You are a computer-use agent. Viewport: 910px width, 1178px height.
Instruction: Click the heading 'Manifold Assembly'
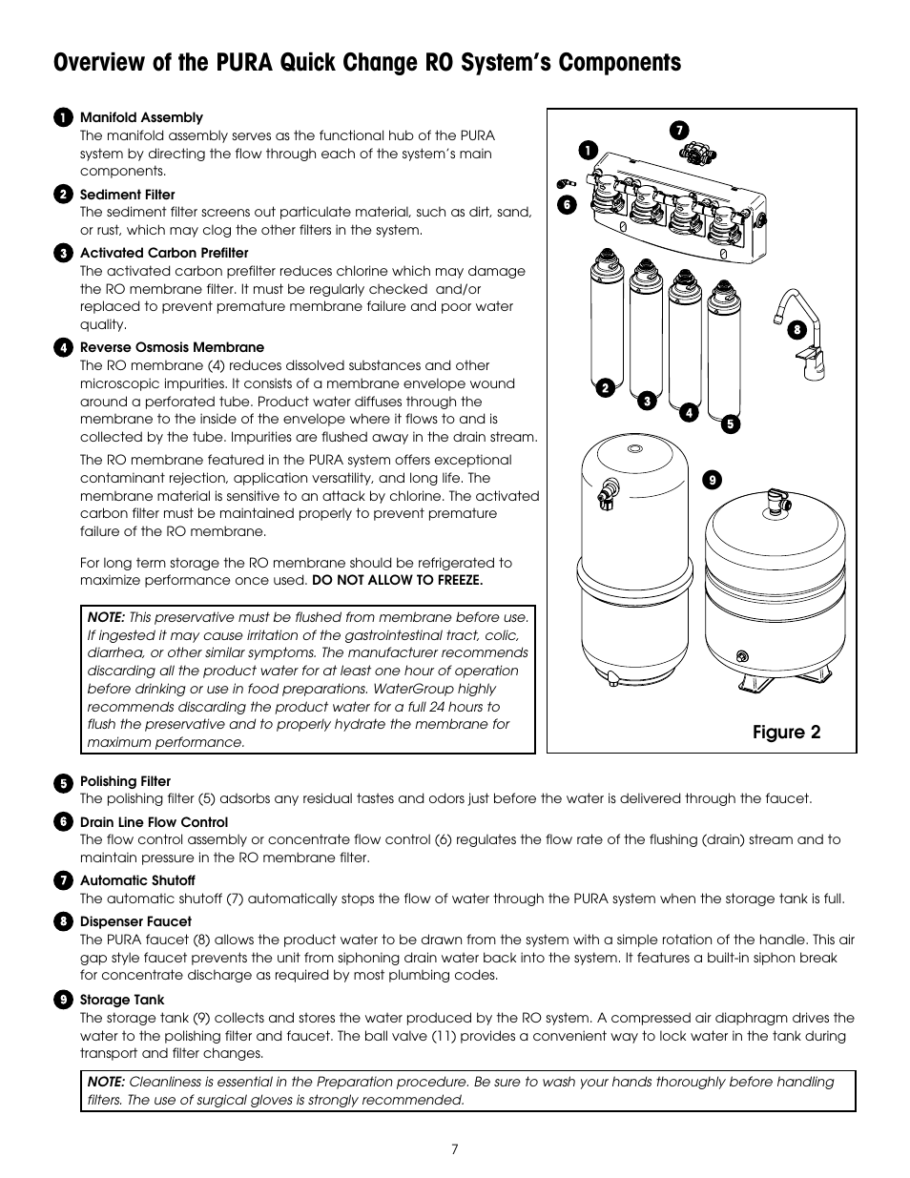coord(141,117)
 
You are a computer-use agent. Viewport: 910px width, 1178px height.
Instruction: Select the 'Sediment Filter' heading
coord(127,195)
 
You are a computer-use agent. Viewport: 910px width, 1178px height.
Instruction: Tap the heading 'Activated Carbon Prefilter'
coord(164,253)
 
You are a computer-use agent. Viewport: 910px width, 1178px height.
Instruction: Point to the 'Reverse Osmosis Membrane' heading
coord(172,347)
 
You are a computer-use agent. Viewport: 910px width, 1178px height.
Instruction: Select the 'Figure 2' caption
coord(786,733)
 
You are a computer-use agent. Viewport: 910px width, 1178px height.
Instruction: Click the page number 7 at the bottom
coord(455,1149)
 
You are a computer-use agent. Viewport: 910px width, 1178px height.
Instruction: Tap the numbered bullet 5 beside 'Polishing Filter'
coord(64,782)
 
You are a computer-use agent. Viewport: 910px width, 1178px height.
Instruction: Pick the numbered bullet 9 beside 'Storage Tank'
coord(64,1001)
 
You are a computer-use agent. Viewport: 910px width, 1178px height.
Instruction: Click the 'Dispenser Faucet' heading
coord(135,921)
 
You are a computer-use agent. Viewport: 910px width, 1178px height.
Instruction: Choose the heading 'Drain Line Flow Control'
coord(154,822)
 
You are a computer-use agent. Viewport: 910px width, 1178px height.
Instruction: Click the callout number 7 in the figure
coord(680,130)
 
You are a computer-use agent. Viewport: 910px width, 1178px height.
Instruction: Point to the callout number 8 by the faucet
coord(795,330)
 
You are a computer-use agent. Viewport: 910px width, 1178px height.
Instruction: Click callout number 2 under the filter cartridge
coord(605,387)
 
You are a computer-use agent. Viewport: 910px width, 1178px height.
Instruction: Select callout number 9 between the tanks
coord(710,481)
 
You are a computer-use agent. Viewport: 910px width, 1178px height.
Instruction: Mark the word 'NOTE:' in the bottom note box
coord(106,1082)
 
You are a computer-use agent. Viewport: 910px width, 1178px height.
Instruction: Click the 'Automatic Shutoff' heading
coord(137,880)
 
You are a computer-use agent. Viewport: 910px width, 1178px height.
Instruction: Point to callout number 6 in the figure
coord(564,203)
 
